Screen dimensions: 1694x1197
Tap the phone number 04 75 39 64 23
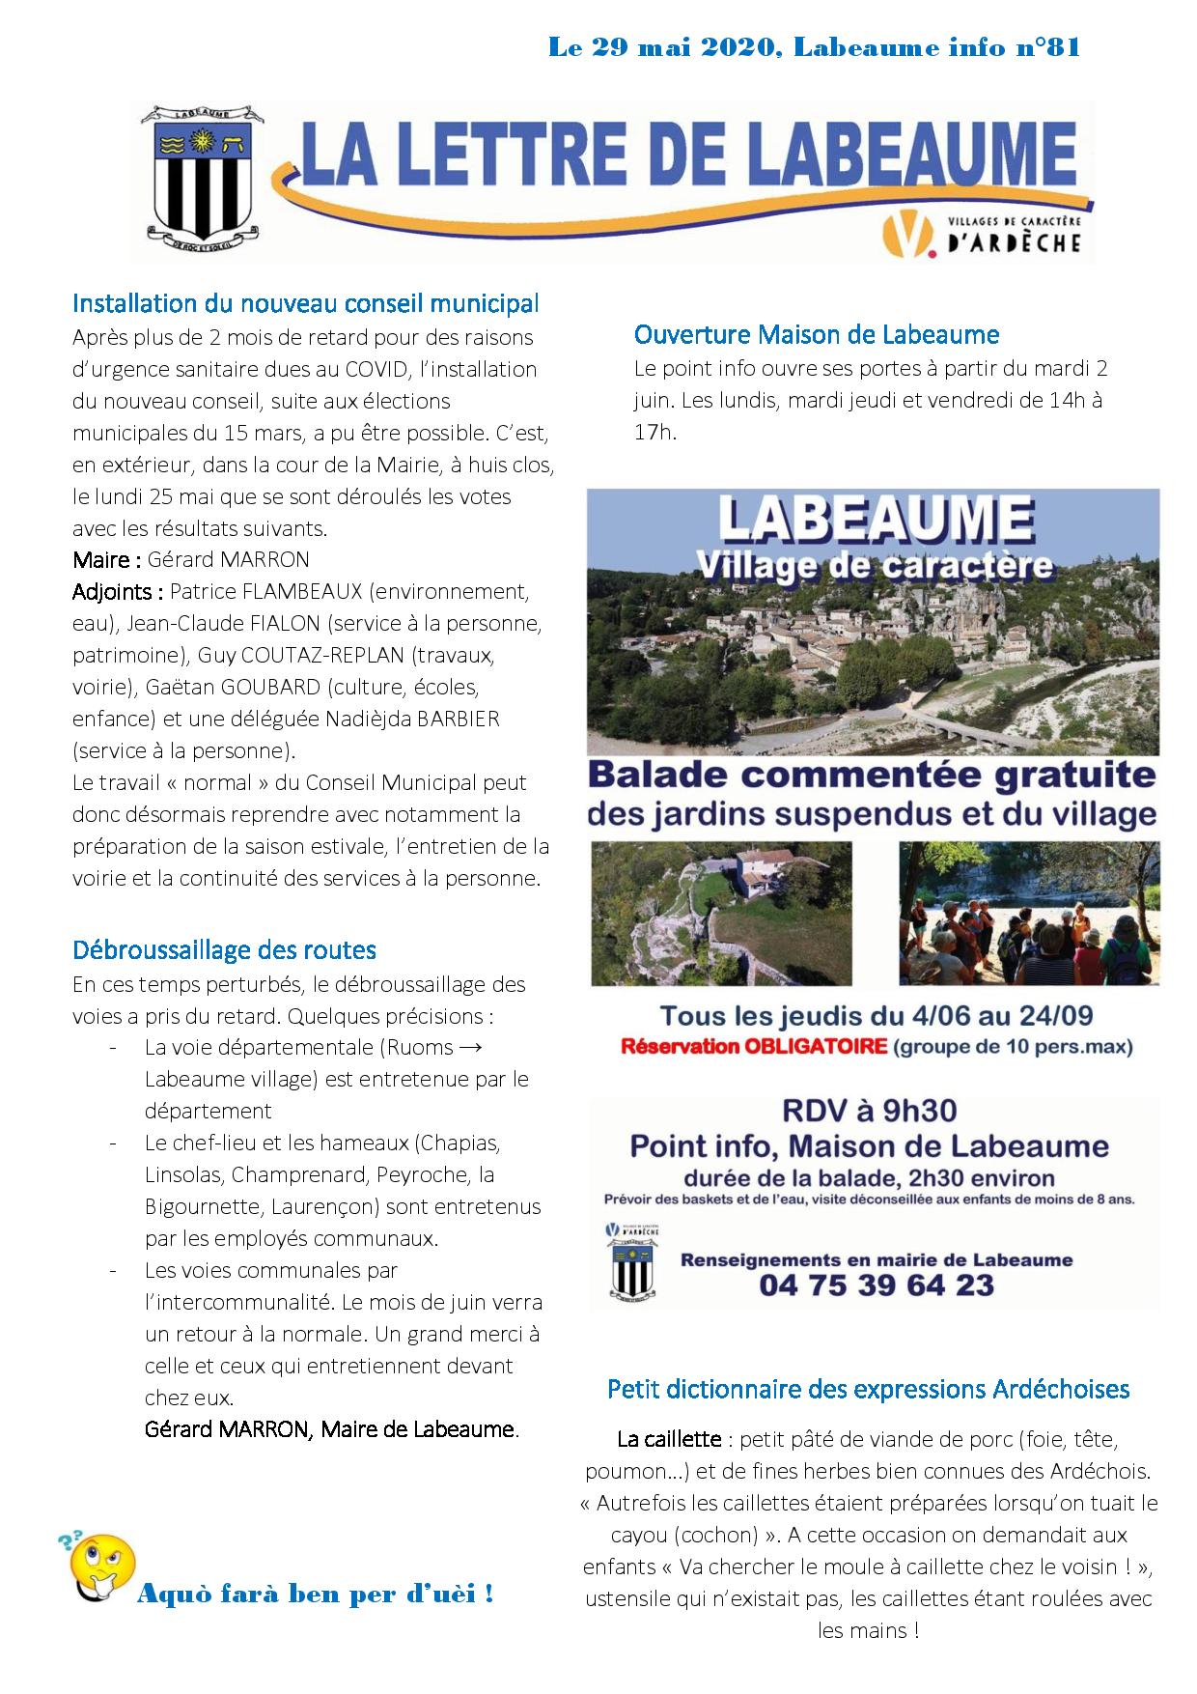pyautogui.click(x=877, y=1285)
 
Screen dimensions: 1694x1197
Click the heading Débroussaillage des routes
pyautogui.click(x=224, y=950)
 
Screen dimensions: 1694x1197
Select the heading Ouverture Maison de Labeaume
pyautogui.click(x=816, y=335)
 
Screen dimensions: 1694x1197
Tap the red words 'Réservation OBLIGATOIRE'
pyautogui.click(x=752, y=1047)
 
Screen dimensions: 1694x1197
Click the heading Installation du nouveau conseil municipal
pyautogui.click(x=305, y=303)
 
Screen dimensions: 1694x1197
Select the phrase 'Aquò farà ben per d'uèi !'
pyautogui.click(x=316, y=1594)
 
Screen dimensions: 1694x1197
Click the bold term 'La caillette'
pyautogui.click(x=669, y=1440)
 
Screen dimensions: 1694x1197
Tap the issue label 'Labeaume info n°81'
pyautogui.click(x=935, y=47)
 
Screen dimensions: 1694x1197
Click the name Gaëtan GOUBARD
pyautogui.click(x=233, y=688)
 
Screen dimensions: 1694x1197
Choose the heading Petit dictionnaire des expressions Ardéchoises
pyautogui.click(x=868, y=1390)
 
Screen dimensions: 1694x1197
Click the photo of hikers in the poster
pyautogui.click(x=1029, y=914)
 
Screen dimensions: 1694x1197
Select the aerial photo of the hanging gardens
pyautogui.click(x=720, y=914)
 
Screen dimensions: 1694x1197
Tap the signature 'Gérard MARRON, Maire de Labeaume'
pyautogui.click(x=330, y=1429)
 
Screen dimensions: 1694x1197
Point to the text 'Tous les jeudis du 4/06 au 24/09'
pyautogui.click(x=876, y=1016)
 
